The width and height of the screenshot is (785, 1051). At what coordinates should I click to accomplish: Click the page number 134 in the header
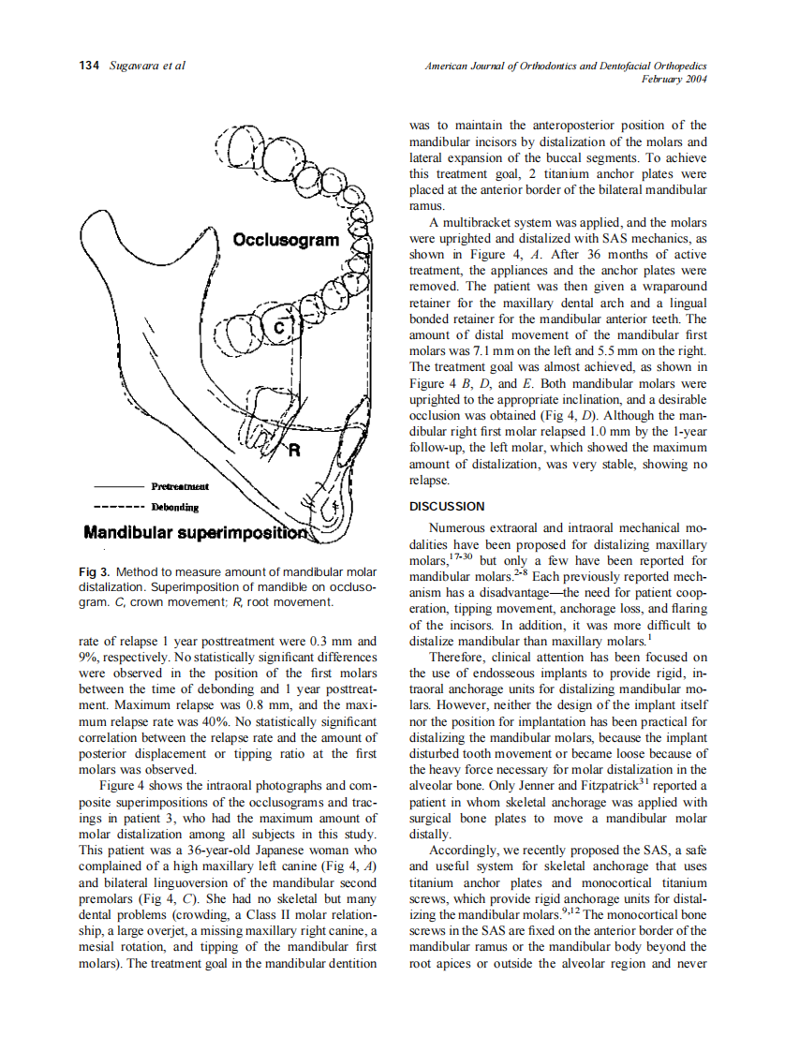[x=90, y=66]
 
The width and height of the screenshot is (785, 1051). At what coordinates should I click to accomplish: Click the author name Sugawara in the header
[x=134, y=66]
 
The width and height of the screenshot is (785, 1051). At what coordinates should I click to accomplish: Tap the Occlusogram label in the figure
[x=286, y=241]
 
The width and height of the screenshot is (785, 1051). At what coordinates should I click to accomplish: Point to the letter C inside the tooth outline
[x=278, y=328]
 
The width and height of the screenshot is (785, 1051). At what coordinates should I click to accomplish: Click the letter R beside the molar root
[x=293, y=451]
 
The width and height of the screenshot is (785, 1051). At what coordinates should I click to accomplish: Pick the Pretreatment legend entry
[x=180, y=486]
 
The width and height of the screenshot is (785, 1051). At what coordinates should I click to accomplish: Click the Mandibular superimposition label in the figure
[x=196, y=534]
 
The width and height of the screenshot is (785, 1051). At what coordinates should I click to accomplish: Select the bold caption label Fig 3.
[x=95, y=571]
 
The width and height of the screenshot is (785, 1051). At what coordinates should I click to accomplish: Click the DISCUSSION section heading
[x=447, y=507]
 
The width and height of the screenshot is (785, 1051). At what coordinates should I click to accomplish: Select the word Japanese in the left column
[x=254, y=851]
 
